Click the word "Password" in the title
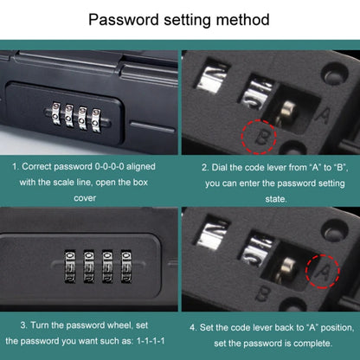point(124,20)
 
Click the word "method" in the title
point(243,20)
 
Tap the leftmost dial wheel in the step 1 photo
point(56,112)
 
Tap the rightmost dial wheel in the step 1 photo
point(96,120)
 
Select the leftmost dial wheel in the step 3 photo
point(70,266)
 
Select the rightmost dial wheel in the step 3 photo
point(126,266)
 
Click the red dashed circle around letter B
point(259,137)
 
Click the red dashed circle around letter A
point(323,271)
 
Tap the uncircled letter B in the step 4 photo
point(262,293)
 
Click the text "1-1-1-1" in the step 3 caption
point(151,341)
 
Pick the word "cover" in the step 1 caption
point(85,198)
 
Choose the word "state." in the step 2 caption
point(276,199)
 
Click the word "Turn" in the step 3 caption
point(40,325)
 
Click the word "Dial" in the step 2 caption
point(219,167)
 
